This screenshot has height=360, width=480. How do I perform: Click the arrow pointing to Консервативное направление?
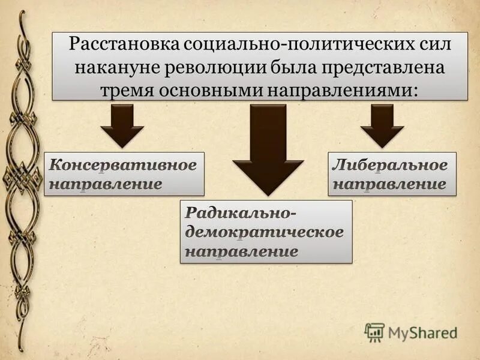(x=122, y=125)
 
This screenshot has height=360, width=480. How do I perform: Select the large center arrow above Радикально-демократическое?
(x=268, y=150)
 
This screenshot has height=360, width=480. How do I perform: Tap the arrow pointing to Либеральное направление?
(x=382, y=125)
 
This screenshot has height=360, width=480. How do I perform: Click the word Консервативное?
(x=123, y=165)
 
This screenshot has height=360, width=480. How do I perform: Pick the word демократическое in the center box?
(x=265, y=232)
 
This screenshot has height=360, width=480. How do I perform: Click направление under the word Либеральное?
(x=389, y=184)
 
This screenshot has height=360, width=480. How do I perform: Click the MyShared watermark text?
(x=422, y=332)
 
